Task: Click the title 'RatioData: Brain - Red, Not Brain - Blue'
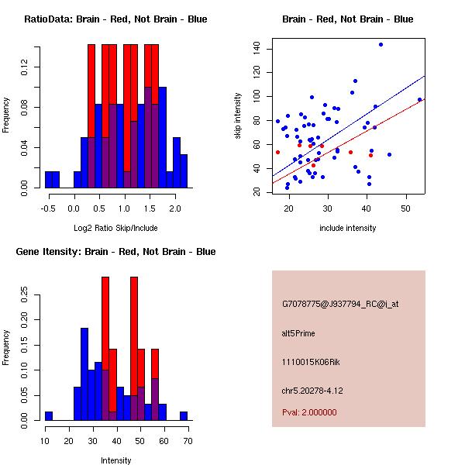[115, 19]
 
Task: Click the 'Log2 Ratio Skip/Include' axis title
[115, 229]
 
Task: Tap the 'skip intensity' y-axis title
[239, 115]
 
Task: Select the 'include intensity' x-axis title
[348, 228]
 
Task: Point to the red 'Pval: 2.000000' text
[309, 412]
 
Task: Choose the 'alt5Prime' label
[298, 333]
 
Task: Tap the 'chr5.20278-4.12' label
[312, 390]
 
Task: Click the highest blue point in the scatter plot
[381, 44]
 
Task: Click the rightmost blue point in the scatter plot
[419, 99]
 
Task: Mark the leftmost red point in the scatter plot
[277, 152]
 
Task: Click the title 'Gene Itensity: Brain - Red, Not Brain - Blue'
[115, 252]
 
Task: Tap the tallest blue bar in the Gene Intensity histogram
[84, 374]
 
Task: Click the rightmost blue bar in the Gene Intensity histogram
[184, 416]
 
